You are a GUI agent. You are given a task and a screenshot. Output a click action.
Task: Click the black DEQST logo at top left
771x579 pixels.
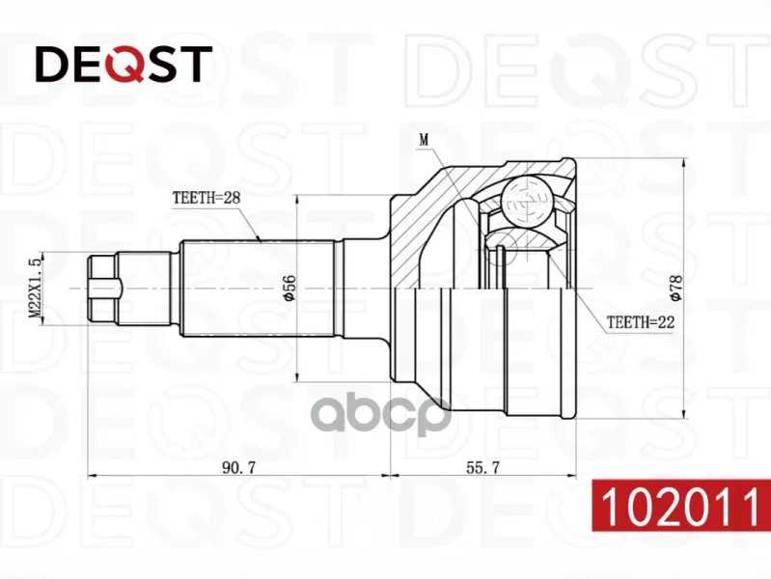(x=124, y=64)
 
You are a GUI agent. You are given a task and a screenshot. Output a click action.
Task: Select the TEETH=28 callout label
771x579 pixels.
(x=207, y=198)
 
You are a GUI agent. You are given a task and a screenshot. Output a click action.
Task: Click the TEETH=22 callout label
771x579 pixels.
(x=641, y=322)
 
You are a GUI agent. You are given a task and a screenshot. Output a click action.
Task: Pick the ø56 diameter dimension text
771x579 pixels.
(x=289, y=288)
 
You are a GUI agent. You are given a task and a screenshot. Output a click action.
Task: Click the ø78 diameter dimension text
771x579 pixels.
(x=676, y=288)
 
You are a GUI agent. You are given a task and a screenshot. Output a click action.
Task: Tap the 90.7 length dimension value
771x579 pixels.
(x=239, y=467)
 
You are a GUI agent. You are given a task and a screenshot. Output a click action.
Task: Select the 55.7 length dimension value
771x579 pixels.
(x=482, y=467)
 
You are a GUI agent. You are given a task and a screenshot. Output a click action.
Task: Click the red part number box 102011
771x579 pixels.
(x=681, y=505)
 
